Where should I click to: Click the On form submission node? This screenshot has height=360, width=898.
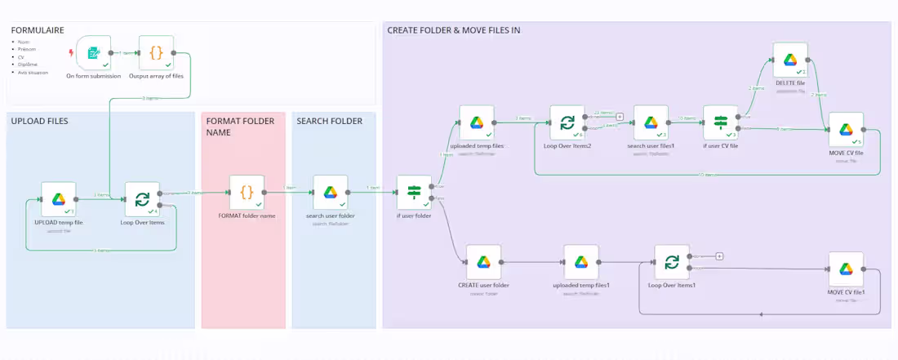93,53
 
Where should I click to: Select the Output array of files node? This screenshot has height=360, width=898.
156,53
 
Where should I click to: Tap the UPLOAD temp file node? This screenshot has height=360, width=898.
59,199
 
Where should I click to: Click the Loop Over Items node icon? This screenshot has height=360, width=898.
142,199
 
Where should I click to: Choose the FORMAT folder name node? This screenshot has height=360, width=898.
247,193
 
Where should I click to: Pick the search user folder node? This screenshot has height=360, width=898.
330,193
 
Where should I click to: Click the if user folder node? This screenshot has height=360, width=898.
414,193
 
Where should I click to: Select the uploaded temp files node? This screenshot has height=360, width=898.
476,122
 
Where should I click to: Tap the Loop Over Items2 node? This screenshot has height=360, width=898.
567,122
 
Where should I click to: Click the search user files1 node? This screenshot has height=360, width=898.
651,122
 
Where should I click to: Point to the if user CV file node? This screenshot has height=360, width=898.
720,122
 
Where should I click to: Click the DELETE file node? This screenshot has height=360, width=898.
789,60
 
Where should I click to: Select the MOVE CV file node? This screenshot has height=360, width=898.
846,130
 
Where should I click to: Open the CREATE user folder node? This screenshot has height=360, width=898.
483,262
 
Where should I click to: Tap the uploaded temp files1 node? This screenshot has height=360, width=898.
580,262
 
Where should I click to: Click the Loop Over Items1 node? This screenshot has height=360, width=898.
671,262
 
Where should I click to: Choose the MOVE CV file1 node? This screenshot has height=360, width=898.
846,269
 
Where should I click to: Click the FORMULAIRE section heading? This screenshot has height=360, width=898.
38,30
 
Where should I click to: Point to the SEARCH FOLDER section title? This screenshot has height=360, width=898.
330,121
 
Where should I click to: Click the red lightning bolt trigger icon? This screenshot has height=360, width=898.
70,53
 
